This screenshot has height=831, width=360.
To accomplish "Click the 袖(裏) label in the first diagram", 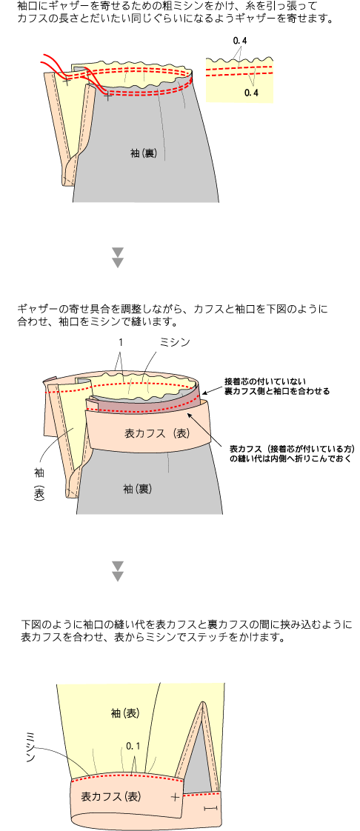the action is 143,153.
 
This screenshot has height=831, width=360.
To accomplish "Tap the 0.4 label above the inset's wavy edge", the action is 240,41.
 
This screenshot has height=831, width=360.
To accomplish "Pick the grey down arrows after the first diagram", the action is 119,256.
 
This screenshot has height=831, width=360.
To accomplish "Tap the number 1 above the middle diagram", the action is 121,343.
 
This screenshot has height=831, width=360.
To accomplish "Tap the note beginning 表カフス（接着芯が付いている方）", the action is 291,454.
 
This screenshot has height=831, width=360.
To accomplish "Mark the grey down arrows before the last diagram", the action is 119,571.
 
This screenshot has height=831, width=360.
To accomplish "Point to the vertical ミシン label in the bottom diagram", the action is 30,747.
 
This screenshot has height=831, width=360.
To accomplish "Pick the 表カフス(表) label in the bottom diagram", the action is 111,796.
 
